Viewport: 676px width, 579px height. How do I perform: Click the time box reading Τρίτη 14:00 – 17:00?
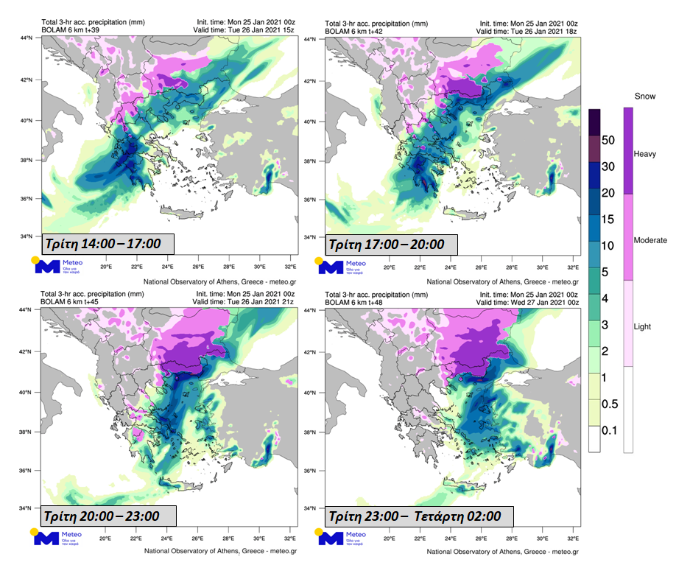(108, 244)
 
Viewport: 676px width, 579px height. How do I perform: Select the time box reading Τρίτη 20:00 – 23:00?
(108, 516)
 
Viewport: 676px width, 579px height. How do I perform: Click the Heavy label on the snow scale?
(644, 152)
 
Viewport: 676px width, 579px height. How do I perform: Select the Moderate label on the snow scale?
(650, 240)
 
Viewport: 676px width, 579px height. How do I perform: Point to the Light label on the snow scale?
(644, 326)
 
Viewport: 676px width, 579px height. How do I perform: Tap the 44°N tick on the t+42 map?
(313, 38)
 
